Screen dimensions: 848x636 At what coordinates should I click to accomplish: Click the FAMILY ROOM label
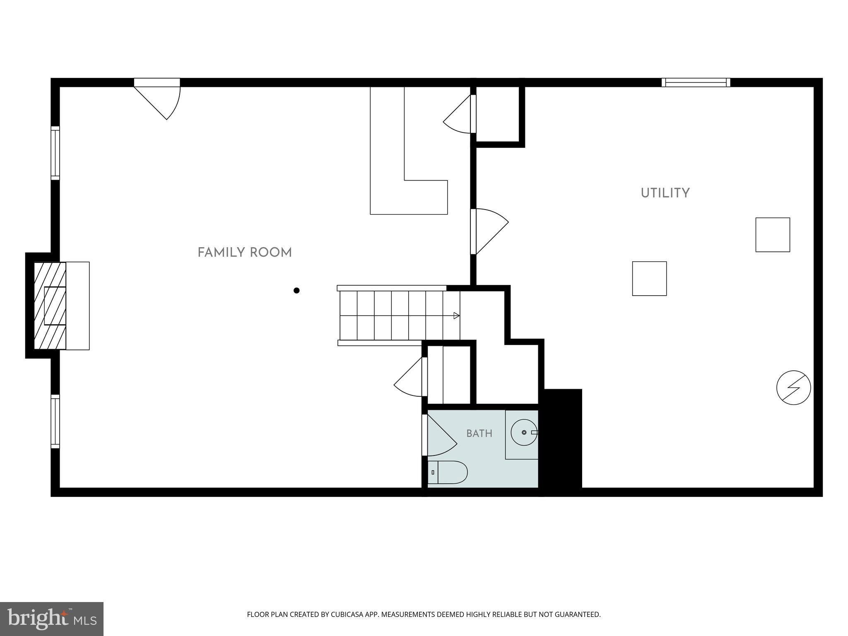coord(245,253)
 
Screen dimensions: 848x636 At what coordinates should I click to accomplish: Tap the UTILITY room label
coord(665,193)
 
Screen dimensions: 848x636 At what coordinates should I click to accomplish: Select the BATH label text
coord(479,434)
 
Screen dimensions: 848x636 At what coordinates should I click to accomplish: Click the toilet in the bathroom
coord(447,472)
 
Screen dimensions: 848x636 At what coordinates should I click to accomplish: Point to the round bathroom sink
coord(524,432)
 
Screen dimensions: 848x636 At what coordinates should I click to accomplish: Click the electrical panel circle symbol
coord(793,388)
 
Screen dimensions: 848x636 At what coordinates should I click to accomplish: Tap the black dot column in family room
coord(296,291)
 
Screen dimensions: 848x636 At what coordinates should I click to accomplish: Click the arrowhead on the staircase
coord(456,316)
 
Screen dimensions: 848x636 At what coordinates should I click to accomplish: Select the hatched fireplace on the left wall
coord(50,306)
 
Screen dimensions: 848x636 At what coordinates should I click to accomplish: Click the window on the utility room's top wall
coord(696,82)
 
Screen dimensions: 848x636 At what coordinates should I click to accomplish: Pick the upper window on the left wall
coord(55,153)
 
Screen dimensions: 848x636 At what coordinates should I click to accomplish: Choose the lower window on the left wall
coord(55,422)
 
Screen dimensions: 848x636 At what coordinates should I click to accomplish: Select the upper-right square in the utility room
coord(773,235)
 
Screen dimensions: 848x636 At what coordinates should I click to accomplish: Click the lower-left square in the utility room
coord(649,279)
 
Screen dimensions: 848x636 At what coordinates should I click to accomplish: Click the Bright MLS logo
coord(52,619)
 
